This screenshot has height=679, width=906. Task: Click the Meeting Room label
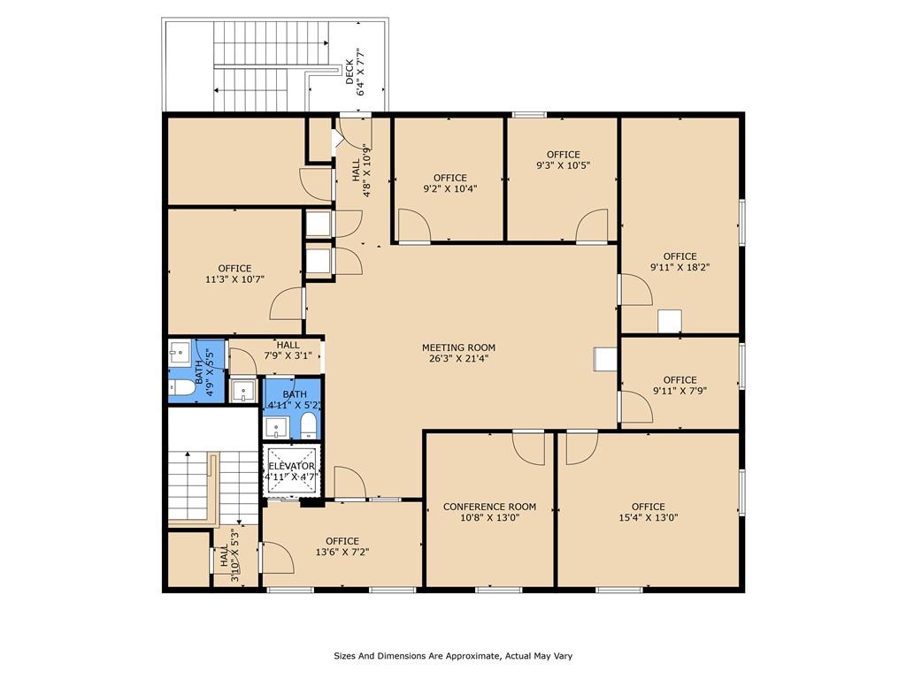pos(459,347)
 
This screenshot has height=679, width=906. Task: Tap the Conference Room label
pos(489,507)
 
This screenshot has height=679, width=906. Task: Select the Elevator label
pos(291,466)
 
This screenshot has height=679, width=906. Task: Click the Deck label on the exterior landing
pos(349,72)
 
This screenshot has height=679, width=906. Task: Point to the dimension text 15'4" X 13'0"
pos(649,517)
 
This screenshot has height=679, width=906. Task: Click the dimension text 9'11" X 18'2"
pos(680,267)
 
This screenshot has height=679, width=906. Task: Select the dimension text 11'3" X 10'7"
pos(234,279)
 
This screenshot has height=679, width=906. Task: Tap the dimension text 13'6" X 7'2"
pos(342,552)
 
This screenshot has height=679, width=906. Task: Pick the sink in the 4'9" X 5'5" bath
pos(179,351)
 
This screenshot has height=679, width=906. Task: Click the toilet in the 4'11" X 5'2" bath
pos(309,425)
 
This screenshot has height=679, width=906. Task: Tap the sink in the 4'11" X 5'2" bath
pos(276,428)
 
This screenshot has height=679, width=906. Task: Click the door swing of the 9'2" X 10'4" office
pos(415,226)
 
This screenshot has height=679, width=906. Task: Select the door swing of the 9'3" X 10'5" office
pos(591,225)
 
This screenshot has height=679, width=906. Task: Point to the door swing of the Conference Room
pos(529,448)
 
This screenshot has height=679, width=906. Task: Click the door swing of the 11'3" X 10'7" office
pos(288,303)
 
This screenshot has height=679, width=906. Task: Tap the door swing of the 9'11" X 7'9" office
pos(635,407)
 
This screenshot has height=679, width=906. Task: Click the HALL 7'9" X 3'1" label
pos(288,350)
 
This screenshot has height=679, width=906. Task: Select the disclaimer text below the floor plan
pos(453,656)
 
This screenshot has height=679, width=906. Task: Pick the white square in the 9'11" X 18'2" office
pos(670,322)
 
